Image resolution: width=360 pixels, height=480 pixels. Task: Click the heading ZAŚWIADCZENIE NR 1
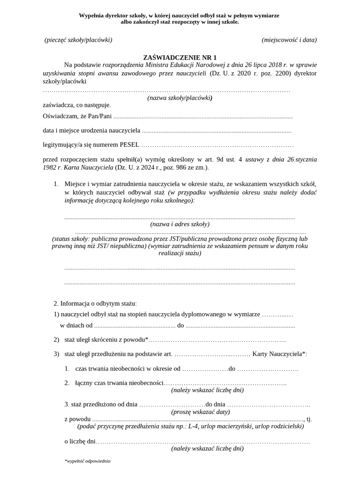tap(180, 57)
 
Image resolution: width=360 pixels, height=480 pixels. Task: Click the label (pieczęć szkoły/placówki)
tap(78, 40)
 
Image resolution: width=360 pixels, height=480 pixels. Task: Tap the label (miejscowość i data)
tap(289, 40)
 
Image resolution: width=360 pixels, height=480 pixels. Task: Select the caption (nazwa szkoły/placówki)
tap(180, 98)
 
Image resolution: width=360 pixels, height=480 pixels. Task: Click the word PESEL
tap(129, 145)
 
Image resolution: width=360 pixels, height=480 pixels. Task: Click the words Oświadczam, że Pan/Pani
tap(77, 116)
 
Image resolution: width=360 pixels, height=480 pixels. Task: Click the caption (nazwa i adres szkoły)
tap(180, 224)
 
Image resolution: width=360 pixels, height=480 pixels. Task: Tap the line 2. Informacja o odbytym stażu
tap(95, 303)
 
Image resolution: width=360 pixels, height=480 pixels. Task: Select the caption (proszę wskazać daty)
tap(200, 412)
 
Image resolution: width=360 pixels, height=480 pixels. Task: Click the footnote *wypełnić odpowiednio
tap(87, 461)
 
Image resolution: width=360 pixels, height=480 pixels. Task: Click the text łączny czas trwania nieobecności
tap(119, 383)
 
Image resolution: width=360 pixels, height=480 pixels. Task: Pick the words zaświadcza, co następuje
tap(77, 105)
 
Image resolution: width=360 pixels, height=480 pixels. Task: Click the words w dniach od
tap(76, 325)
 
